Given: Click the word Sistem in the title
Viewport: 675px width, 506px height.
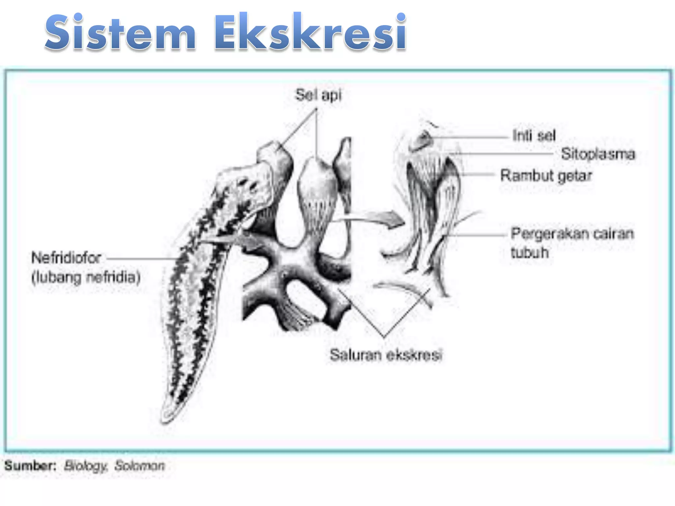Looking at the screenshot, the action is tap(121, 33).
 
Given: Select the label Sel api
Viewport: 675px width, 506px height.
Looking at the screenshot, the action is tap(318, 95).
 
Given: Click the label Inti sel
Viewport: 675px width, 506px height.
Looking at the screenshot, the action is tap(534, 135).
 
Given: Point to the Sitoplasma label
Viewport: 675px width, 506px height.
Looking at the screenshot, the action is tap(598, 154).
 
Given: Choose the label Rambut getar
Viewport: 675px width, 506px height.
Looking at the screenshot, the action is tap(546, 176).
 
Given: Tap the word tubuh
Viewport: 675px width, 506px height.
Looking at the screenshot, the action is tap(530, 253).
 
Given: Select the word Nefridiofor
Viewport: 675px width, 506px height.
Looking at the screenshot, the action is tap(66, 258).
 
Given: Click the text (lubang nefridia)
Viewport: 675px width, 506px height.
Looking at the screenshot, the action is tap(86, 277).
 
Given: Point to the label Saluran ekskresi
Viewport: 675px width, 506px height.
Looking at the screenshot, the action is tap(386, 355).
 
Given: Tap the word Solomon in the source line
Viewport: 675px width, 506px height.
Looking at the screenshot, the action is tap(139, 466).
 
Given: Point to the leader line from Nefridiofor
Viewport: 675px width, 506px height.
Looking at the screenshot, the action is tap(142, 259).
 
